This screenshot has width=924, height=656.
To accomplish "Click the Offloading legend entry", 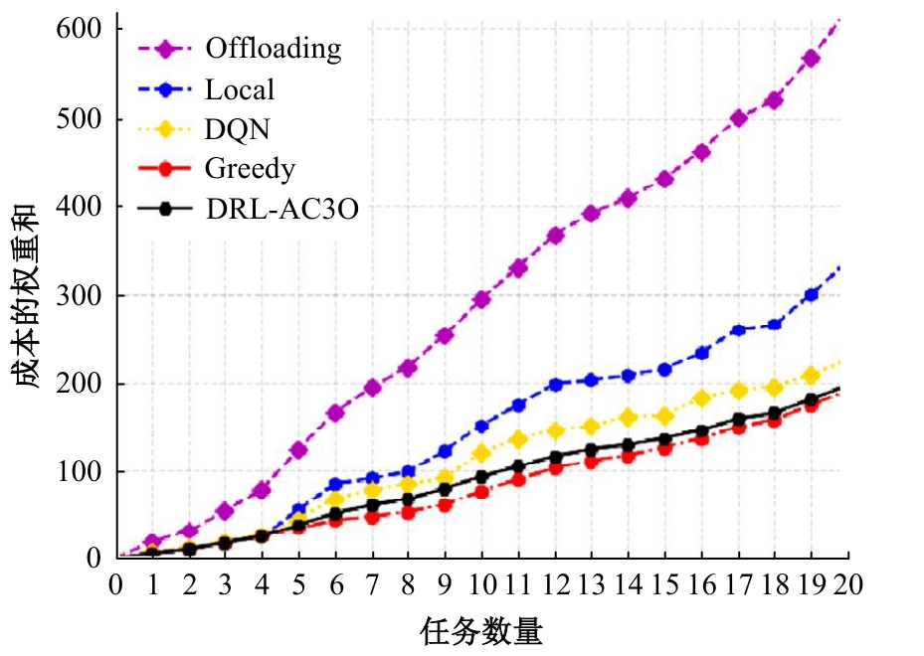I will click(x=273, y=47).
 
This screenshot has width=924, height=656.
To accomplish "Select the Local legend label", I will click(x=239, y=89).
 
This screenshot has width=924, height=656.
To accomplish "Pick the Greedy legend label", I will click(x=250, y=169).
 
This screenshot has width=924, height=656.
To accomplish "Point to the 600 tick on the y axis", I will click(x=81, y=30).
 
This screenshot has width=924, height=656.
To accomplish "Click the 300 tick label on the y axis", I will click(x=81, y=295).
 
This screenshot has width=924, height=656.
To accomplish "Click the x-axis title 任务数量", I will click(x=482, y=630).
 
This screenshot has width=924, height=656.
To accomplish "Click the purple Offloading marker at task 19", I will click(x=812, y=59).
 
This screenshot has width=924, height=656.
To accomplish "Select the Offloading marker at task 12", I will click(x=556, y=236).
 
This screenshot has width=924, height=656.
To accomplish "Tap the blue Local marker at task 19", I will click(x=812, y=295).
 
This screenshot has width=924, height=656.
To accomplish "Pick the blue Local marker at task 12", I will click(x=556, y=385).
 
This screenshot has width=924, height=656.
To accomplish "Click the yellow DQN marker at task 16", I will click(x=702, y=399).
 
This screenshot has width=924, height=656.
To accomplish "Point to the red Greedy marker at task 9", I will click(x=446, y=505).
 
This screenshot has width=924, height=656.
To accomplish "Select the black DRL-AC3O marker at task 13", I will click(x=592, y=450).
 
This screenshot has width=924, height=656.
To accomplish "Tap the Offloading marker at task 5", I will click(x=299, y=450).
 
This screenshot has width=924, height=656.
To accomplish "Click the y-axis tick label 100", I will click(x=81, y=471).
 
